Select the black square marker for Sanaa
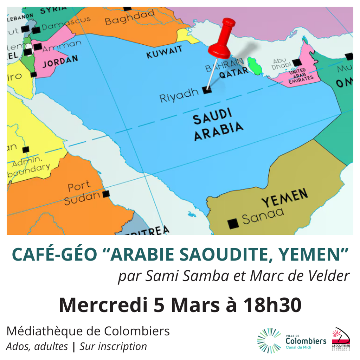[x=233, y=223]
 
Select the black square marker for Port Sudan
[x=106, y=194]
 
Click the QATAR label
[x=233, y=72]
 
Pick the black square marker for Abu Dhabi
[x=297, y=63]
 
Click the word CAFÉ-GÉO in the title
[x=54, y=254]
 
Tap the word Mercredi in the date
[x=103, y=305]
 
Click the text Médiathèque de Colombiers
[x=88, y=331]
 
